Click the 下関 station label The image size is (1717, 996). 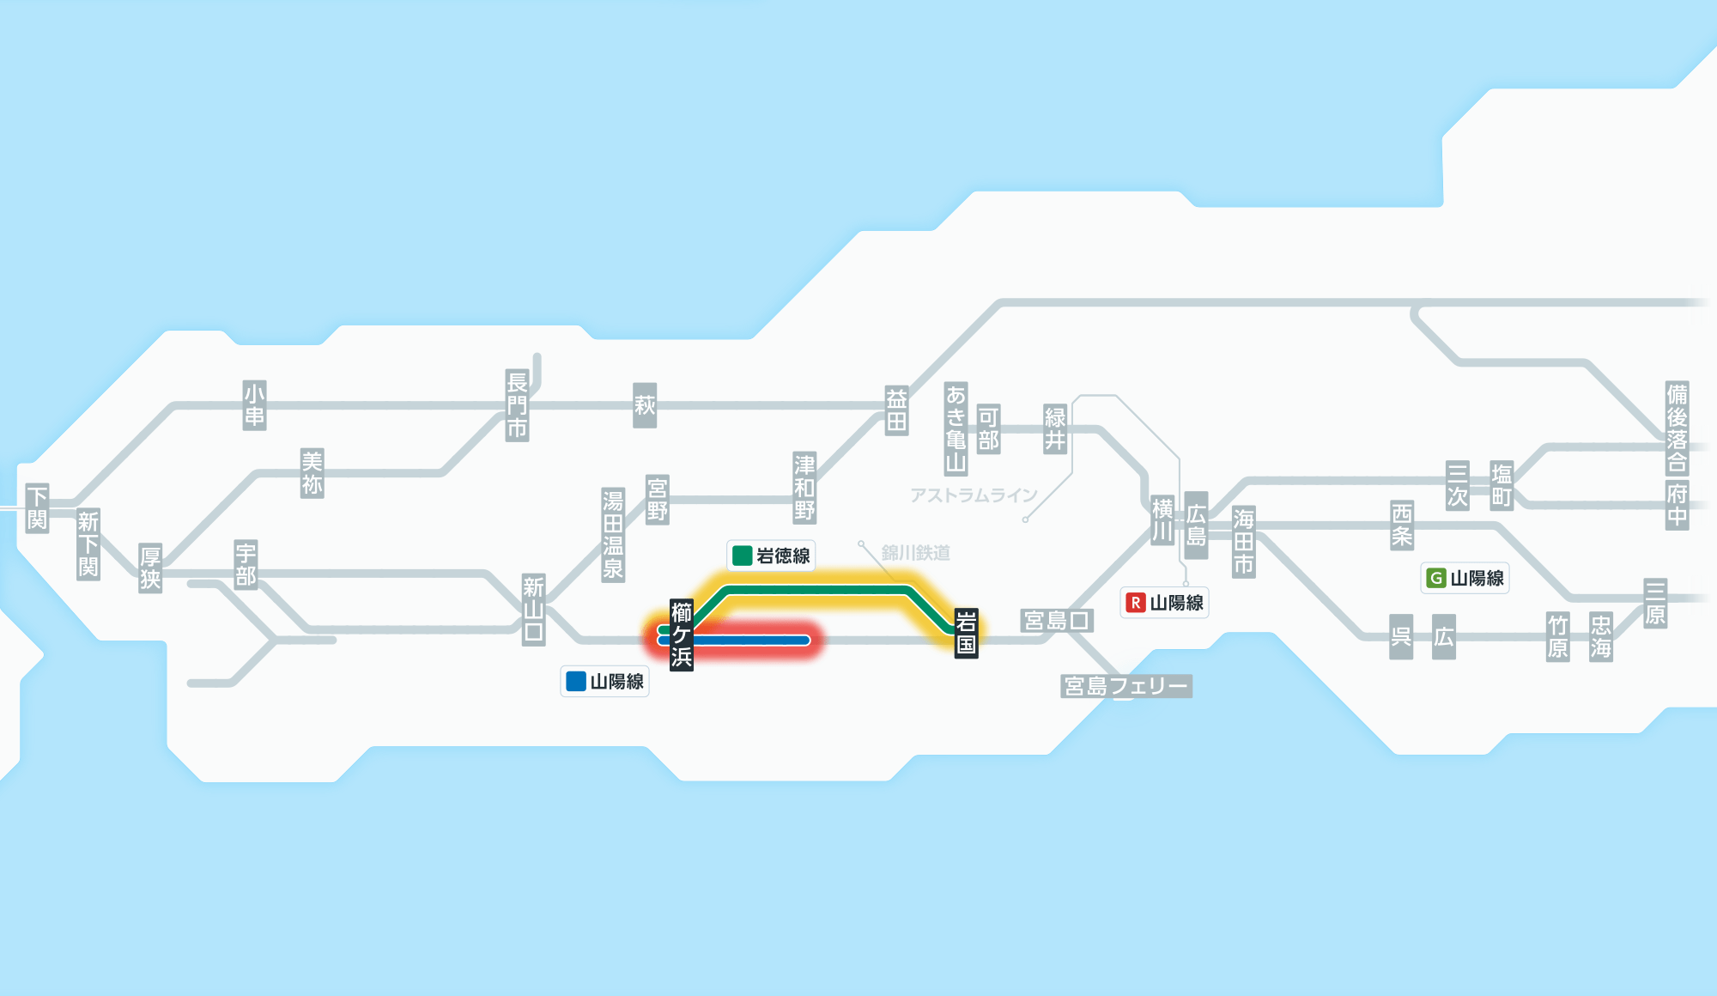click(37, 507)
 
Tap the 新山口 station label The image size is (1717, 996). click(533, 610)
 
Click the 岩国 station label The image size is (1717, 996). click(966, 633)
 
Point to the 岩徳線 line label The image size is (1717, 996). click(771, 556)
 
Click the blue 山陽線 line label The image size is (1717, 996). click(605, 682)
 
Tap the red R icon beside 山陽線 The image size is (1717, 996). click(1136, 603)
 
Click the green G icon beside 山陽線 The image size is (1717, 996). click(1435, 578)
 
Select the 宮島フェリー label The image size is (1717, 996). click(1125, 686)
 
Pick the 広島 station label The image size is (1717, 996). click(1196, 525)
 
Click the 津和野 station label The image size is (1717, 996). click(804, 488)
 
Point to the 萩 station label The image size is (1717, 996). click(645, 405)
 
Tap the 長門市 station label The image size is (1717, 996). click(517, 405)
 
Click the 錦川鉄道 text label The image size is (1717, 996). click(915, 553)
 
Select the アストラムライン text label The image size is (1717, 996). click(974, 495)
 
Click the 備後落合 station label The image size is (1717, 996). click(1677, 428)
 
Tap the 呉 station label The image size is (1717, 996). click(1401, 636)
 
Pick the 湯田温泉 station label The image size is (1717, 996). click(613, 534)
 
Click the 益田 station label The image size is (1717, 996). click(896, 410)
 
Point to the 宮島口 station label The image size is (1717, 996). click(1057, 620)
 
